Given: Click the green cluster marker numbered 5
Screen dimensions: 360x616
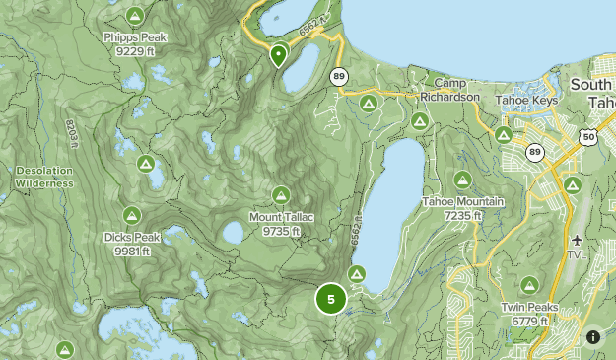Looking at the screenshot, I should (x=331, y=299).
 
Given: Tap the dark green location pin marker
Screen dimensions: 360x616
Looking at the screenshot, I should (x=279, y=55).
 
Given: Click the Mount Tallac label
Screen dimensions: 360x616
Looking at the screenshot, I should (x=281, y=224).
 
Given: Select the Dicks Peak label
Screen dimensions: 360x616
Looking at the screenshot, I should (x=131, y=243).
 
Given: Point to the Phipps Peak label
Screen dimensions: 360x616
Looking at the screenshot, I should (x=135, y=43).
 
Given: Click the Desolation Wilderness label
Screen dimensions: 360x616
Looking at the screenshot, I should (x=44, y=177).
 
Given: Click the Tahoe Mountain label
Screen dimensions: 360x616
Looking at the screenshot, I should (x=462, y=208).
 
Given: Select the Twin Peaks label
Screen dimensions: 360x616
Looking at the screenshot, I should (x=530, y=313).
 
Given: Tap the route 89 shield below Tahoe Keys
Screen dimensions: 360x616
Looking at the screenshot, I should (x=535, y=152).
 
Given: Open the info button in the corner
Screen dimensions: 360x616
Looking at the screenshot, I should (x=593, y=337).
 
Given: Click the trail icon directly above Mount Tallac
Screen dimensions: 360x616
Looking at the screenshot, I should (x=281, y=194).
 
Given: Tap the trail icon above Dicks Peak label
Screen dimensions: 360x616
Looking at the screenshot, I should (x=131, y=214).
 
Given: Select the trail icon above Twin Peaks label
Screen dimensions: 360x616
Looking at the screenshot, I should (x=530, y=284).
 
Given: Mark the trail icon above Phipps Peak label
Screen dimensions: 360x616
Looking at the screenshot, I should (x=135, y=15).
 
